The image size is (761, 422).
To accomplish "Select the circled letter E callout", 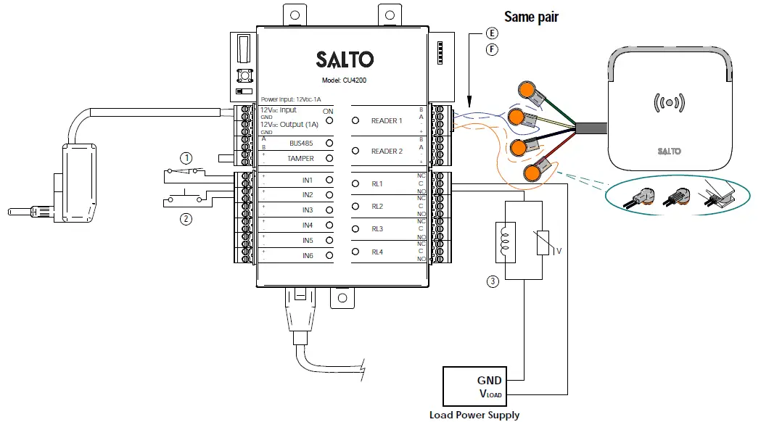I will click(x=493, y=33).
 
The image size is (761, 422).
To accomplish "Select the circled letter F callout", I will click(x=493, y=50).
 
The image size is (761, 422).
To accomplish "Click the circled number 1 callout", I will click(x=187, y=157).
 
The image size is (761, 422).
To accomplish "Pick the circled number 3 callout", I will click(x=493, y=282).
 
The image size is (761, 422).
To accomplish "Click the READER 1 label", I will click(x=386, y=121).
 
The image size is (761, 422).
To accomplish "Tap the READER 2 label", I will click(x=386, y=152).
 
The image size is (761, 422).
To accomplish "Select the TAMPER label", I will click(x=300, y=158).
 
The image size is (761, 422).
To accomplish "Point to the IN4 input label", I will click(x=308, y=226).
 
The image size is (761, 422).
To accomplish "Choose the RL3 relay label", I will click(x=377, y=230).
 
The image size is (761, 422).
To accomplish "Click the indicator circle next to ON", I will click(x=329, y=121).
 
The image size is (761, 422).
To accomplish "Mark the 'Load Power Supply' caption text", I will click(x=474, y=415).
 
